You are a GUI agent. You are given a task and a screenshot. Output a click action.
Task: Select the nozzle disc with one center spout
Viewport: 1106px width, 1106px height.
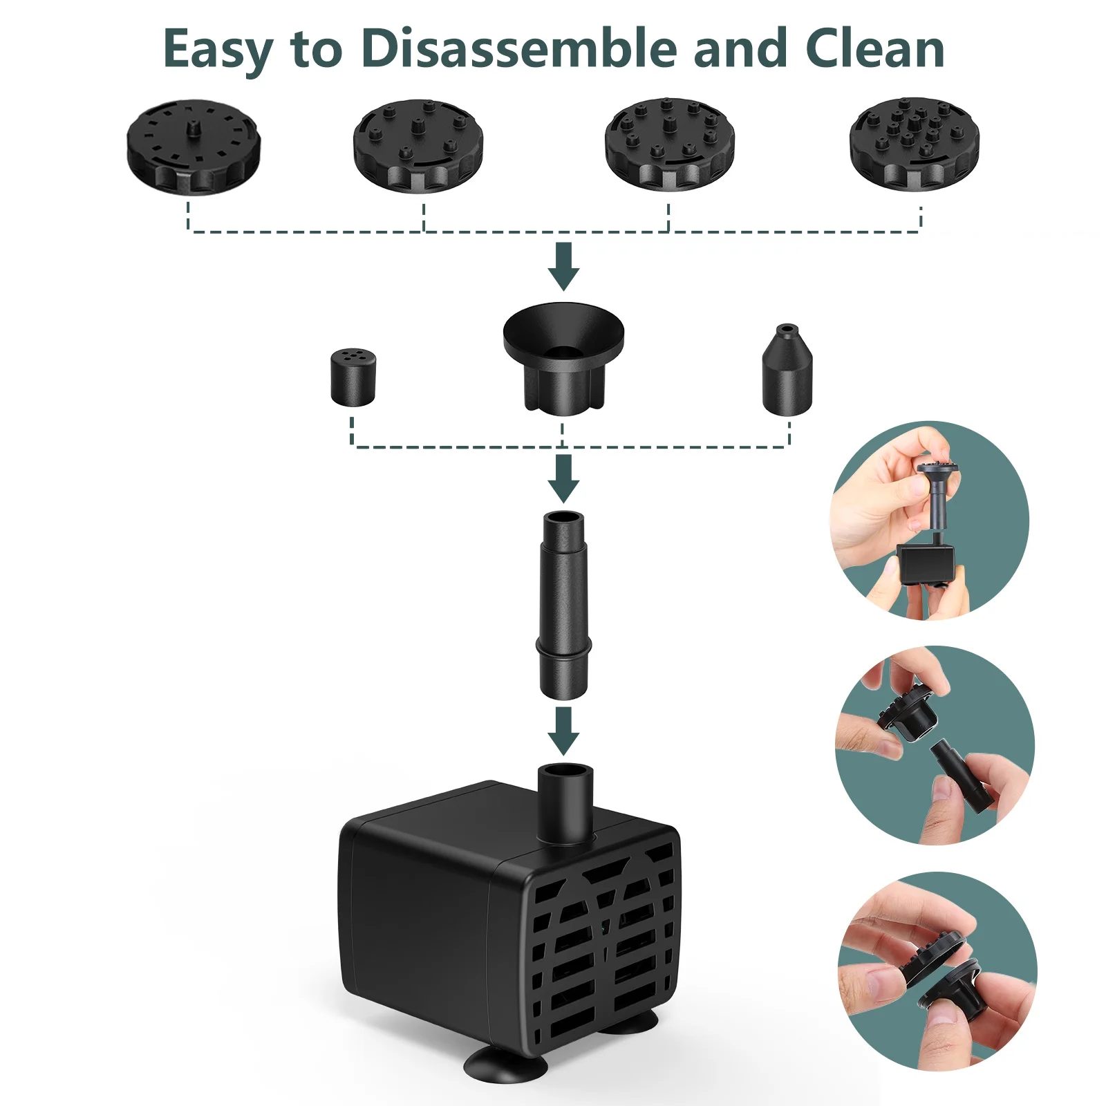194,146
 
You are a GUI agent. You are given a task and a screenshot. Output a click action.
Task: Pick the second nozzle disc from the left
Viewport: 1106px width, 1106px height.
418,146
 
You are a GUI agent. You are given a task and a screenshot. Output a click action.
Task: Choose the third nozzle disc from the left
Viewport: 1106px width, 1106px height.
670,144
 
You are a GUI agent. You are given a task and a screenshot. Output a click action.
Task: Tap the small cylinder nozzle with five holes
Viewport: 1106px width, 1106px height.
353,377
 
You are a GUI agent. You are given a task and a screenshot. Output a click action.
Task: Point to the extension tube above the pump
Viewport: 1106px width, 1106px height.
564,605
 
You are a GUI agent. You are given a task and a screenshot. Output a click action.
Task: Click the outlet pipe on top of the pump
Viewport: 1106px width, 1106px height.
565,804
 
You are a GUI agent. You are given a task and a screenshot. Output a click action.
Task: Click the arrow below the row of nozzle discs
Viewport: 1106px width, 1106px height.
564,266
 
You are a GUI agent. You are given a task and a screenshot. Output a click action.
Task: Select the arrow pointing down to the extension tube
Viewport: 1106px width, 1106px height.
564,478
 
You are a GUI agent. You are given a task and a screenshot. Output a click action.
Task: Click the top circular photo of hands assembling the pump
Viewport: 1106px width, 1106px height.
930,521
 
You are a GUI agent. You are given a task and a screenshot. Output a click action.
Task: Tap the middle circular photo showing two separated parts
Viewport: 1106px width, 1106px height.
935,745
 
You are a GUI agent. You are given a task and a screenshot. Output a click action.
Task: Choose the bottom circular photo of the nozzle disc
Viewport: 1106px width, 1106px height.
937,971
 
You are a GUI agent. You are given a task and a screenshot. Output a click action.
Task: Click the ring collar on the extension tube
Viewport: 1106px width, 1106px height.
564,647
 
